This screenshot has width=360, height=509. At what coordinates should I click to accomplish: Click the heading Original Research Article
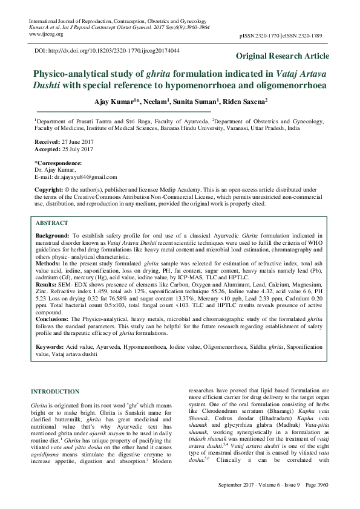click(283, 56)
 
